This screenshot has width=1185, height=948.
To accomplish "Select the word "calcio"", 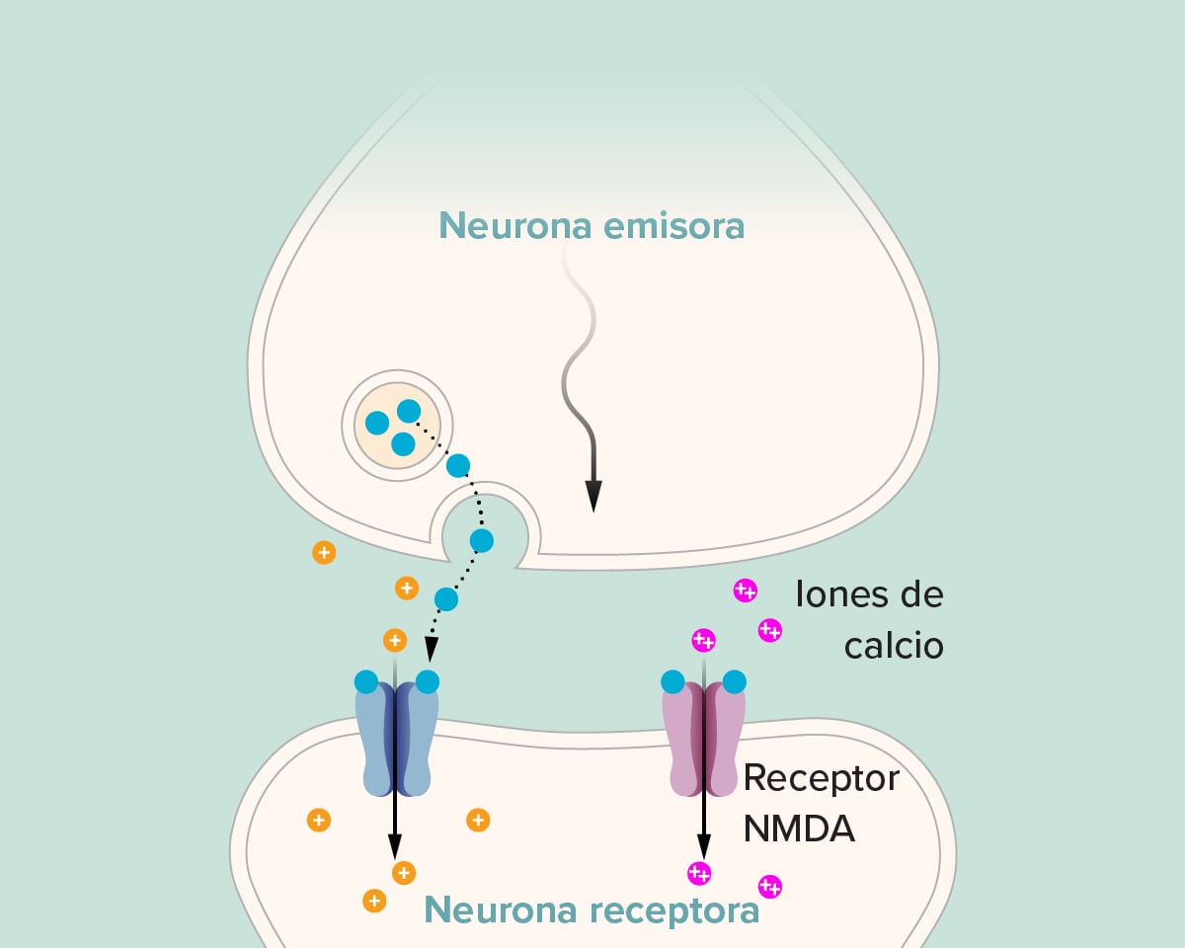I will click(x=894, y=646).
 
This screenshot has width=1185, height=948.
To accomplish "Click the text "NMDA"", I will click(x=799, y=829).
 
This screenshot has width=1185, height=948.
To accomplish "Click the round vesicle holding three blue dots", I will click(x=397, y=427).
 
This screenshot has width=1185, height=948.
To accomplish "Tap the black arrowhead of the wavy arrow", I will click(x=592, y=496).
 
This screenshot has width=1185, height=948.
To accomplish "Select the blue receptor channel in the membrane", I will click(x=396, y=741).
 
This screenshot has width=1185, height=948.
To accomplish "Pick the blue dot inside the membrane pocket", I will click(x=481, y=540).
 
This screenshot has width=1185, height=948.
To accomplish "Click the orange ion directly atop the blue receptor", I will click(x=395, y=640).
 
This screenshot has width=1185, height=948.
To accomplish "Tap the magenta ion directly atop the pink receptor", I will click(x=703, y=640).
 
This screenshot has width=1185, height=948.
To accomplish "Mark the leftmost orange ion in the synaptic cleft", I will click(x=323, y=552).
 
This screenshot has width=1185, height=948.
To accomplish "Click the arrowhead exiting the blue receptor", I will click(x=395, y=846).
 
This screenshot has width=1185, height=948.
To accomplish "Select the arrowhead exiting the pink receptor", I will click(x=703, y=846).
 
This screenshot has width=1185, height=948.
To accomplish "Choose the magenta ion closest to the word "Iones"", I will click(x=745, y=591).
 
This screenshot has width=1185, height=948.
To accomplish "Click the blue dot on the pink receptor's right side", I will click(x=734, y=681).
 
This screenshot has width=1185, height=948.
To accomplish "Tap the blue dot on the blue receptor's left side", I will click(x=365, y=681).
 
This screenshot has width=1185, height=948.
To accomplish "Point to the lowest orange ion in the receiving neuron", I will click(x=374, y=900).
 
